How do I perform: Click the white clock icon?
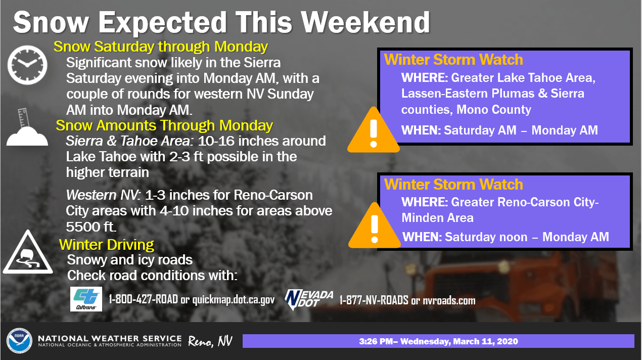pyautogui.click(x=27, y=65)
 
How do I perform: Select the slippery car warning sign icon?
pyautogui.click(x=28, y=252)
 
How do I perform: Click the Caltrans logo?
pyautogui.click(x=86, y=299)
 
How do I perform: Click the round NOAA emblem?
pyautogui.click(x=19, y=341)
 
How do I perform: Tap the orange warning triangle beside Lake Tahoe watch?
pyautogui.click(x=373, y=130)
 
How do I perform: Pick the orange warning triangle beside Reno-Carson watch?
pyautogui.click(x=374, y=226)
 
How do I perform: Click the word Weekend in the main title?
pyautogui.click(x=365, y=22)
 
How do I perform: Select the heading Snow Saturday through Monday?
pyautogui.click(x=161, y=47)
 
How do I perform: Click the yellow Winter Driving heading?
pyautogui.click(x=106, y=245)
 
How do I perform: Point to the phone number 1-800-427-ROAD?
pyautogui.click(x=143, y=299)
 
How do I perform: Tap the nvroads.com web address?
pyautogui.click(x=449, y=301)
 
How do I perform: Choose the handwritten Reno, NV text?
pyautogui.click(x=210, y=341)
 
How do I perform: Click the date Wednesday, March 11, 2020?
pyautogui.click(x=459, y=341)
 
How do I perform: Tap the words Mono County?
pyautogui.click(x=493, y=110)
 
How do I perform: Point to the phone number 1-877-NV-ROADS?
pyautogui.click(x=374, y=300)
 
